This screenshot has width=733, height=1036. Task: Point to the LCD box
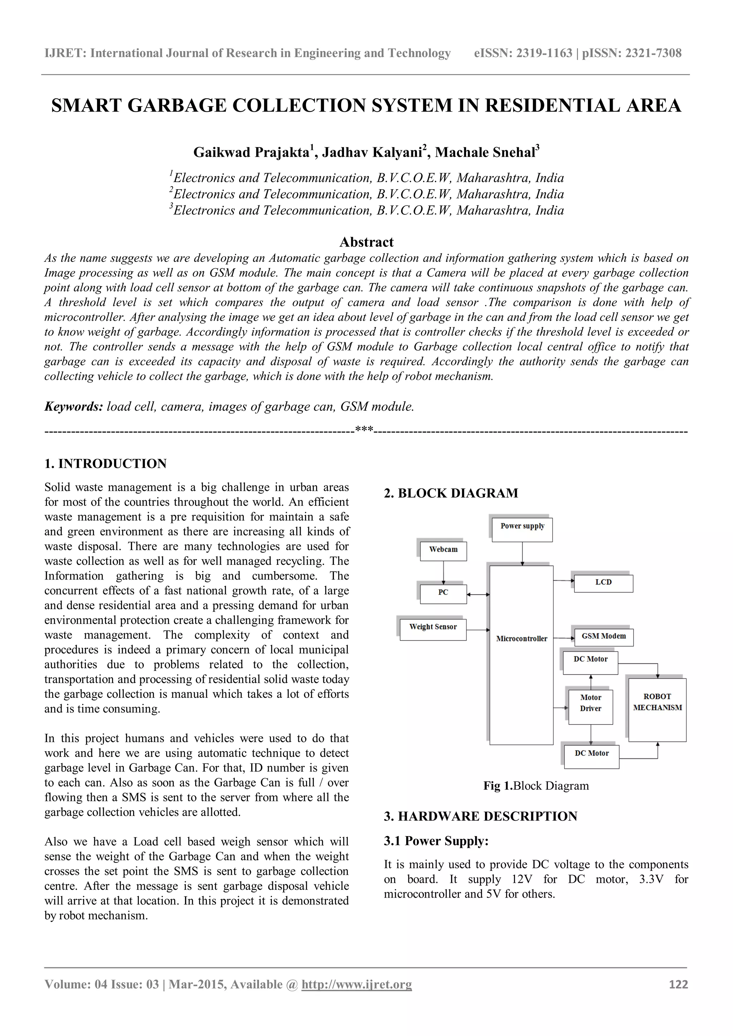point(603,583)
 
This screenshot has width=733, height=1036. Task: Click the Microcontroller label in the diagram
point(521,639)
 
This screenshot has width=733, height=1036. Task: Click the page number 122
point(678,984)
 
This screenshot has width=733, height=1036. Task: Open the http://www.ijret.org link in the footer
point(356,984)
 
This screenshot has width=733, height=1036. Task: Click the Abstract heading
point(366,242)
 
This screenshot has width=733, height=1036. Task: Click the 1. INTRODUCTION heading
point(106,464)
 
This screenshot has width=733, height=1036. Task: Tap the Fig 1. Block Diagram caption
point(536,786)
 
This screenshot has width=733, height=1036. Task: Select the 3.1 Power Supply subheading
point(436,841)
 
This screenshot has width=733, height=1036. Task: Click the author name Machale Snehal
point(485,152)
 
